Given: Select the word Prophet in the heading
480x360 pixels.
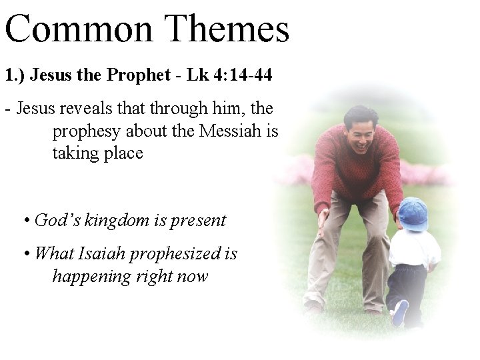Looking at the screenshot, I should (138, 76).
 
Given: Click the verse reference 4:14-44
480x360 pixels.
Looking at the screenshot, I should (243, 76).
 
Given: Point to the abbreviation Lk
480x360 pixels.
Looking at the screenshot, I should (198, 76).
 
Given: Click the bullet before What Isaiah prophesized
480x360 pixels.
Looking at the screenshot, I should (25, 254).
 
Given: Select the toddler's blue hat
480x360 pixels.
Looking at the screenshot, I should (413, 214).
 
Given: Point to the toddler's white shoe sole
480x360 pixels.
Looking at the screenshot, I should (400, 313).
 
